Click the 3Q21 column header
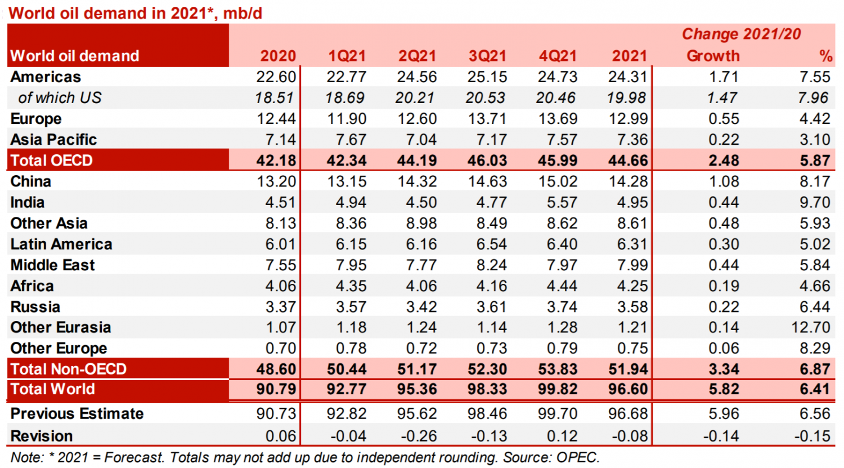click(487, 56)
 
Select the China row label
click(31, 181)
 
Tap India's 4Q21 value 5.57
click(562, 202)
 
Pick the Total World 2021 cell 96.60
click(628, 389)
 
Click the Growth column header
click(713, 56)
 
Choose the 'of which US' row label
click(60, 98)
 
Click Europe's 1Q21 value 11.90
click(347, 119)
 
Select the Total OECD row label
click(52, 161)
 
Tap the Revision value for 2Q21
click(419, 436)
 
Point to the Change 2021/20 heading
click(741, 34)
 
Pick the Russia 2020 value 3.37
click(281, 307)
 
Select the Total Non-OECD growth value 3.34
click(724, 369)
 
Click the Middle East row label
click(53, 265)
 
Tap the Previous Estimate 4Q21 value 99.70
click(558, 413)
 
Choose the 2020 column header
click(278, 56)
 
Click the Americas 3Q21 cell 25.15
click(487, 77)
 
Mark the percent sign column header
click(825, 56)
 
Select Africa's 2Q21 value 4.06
click(421, 286)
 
